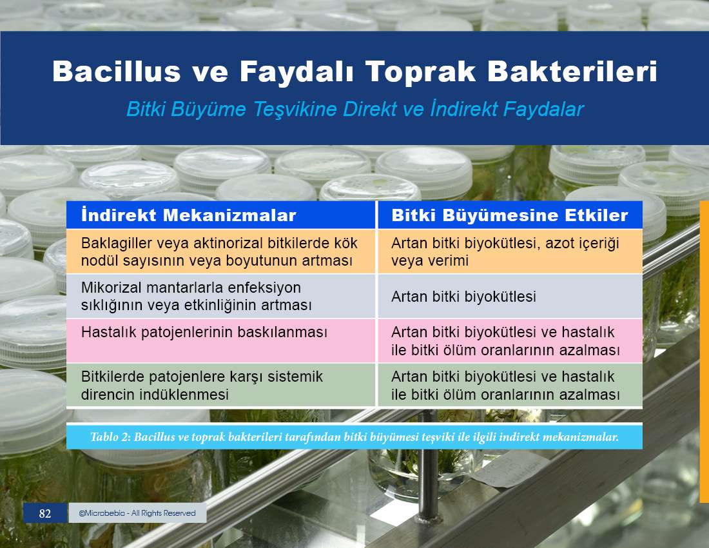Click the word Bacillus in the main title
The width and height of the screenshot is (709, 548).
click(117, 72)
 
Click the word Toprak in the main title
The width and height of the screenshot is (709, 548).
click(420, 72)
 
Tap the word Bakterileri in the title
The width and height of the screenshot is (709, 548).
click(572, 72)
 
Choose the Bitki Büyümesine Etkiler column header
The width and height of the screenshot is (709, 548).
click(510, 215)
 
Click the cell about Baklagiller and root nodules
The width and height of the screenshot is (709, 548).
click(220, 251)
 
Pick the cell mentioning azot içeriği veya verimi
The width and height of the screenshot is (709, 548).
click(510, 251)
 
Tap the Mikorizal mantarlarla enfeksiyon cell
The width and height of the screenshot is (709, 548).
click(220, 296)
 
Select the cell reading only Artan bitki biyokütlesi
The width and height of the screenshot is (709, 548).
click(510, 296)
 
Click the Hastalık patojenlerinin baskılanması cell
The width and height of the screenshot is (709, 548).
click(220, 340)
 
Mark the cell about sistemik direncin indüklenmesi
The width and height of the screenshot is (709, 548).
click(220, 386)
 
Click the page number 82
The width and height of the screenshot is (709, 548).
click(44, 513)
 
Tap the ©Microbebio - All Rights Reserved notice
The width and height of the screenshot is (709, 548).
click(137, 513)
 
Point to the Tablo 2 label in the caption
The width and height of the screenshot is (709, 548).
click(110, 436)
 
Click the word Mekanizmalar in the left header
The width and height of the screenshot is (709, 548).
click(229, 215)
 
